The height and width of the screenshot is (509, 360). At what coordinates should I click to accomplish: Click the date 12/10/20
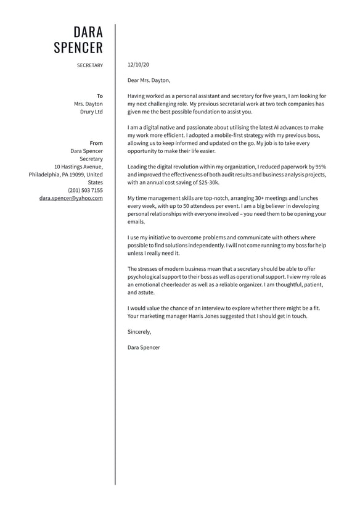pos(138,64)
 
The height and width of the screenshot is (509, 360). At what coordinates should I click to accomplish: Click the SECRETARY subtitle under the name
pos(90,65)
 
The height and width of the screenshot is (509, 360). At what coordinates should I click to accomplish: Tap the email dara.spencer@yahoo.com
pos(71,199)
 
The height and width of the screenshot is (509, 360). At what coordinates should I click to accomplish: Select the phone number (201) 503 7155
pos(86,191)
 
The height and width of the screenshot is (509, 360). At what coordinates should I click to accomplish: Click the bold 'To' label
pos(100,96)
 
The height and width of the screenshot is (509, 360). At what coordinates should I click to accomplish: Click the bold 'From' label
pos(96,143)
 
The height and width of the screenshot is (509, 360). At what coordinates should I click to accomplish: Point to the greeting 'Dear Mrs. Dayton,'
pos(149,80)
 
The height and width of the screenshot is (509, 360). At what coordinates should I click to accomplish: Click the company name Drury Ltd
pos(92,112)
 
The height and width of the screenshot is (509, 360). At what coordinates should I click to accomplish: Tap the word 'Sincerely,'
pos(139,332)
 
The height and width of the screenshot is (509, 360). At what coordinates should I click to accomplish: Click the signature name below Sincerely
pos(144,347)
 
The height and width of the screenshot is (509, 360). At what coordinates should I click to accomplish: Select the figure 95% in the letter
pos(319,167)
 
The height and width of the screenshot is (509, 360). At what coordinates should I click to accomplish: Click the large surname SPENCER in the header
pos(78,48)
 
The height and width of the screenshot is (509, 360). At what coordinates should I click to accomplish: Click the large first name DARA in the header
pos(88,32)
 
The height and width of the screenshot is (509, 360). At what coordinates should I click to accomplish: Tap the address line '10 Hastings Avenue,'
pos(78,167)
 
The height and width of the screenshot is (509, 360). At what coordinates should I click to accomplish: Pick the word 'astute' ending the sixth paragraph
pos(147,292)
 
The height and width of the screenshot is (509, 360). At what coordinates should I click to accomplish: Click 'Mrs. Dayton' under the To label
pos(88,104)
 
